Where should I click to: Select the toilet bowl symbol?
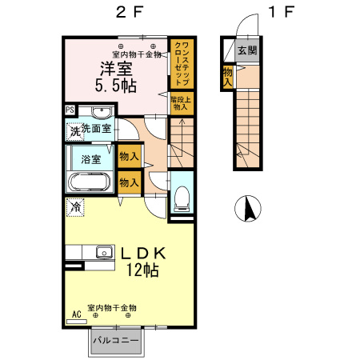[x=181, y=194]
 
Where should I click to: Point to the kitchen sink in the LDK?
[x=103, y=253]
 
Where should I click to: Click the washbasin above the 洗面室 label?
[x=101, y=112]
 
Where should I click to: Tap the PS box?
[x=70, y=110]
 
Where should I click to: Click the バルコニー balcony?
[x=115, y=341]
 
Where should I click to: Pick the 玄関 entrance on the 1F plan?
[x=247, y=50]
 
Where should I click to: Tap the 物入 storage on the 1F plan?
[x=228, y=76]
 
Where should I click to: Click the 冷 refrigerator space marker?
[x=74, y=207]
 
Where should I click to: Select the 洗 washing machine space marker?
[x=74, y=130]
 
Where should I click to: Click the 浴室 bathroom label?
[x=90, y=158]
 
